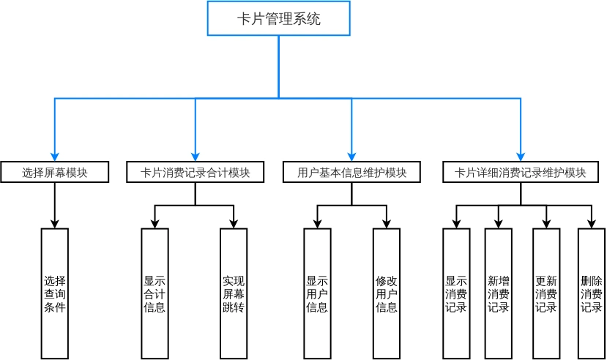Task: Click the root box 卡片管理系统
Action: point(278,18)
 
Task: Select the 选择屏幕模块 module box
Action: point(55,173)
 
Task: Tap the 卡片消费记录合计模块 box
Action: point(195,173)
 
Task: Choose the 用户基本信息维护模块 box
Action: point(351,173)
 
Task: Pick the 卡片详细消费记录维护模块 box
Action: point(520,173)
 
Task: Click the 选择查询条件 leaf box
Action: point(55,293)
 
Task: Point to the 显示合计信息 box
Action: point(154,293)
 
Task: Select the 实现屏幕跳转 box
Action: point(234,293)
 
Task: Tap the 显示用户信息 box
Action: point(317,293)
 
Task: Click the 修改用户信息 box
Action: point(387,293)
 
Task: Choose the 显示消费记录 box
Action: point(456,293)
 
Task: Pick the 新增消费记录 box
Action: point(499,293)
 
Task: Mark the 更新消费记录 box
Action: point(546,293)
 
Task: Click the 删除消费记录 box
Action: point(592,293)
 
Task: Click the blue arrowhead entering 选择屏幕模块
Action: point(55,155)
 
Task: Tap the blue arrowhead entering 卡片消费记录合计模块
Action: point(195,155)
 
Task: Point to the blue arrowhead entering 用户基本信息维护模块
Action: point(351,155)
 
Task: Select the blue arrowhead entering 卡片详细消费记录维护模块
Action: point(520,155)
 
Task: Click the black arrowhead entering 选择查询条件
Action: point(55,223)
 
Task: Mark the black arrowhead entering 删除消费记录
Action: point(592,223)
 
